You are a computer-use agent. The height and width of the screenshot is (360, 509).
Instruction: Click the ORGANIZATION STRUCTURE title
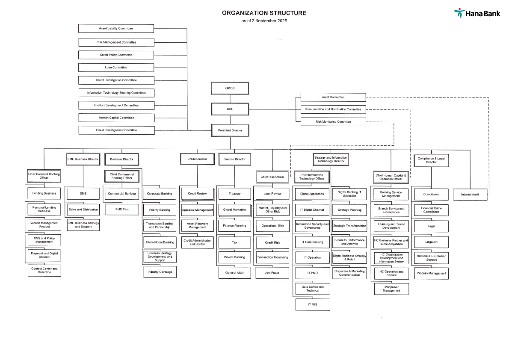click(264, 13)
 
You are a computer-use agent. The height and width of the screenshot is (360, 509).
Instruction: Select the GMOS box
click(230, 89)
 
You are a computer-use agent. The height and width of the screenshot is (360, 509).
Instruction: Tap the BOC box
click(230, 109)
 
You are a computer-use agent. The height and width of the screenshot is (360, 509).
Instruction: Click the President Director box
click(230, 130)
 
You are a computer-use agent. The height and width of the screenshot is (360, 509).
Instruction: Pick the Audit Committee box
click(333, 97)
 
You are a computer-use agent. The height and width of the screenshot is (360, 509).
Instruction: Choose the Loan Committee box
click(116, 68)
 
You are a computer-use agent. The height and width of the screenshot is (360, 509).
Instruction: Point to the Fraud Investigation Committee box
click(116, 130)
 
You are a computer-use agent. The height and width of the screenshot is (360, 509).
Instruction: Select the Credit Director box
click(197, 159)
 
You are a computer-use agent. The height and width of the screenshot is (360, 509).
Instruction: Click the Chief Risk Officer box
click(272, 177)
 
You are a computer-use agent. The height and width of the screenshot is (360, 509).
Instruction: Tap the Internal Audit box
click(470, 195)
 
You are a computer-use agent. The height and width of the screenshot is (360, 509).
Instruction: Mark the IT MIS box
click(313, 304)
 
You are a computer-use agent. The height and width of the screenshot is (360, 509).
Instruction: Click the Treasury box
click(234, 194)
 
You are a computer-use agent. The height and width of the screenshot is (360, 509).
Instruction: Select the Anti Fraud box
click(272, 272)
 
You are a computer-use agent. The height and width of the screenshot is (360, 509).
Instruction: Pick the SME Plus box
click(122, 210)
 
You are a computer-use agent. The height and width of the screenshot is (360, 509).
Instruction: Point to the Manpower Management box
click(391, 289)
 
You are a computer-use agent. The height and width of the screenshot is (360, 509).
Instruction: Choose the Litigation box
click(431, 242)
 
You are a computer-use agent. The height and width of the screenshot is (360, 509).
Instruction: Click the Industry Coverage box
click(160, 272)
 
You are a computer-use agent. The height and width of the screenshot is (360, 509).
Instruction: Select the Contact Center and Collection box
click(44, 270)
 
